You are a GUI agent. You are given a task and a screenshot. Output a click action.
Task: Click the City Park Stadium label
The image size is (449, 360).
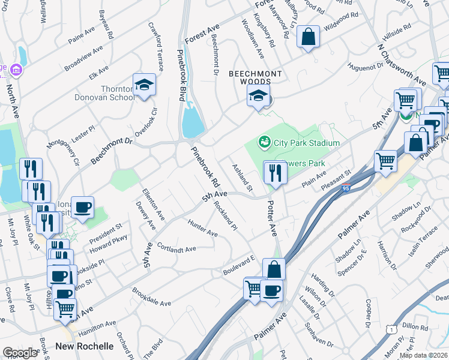point(307,143)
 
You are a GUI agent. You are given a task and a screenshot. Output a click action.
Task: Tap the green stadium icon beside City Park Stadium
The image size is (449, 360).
point(263,142)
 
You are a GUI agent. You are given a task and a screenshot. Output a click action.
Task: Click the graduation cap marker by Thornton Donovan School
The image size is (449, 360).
point(144,86)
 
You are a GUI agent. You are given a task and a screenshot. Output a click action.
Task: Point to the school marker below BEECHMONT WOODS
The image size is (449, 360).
point(258,96)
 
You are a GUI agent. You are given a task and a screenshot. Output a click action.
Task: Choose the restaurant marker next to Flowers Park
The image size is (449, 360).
point(276,173)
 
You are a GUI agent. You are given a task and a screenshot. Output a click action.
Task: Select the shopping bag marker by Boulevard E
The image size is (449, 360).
point(274,269)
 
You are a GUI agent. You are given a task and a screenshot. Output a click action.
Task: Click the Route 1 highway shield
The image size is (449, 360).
point(391,329)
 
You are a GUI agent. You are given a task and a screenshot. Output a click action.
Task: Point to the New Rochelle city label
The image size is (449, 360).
point(85,346)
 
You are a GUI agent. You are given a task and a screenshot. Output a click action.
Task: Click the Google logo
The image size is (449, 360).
point(20,353)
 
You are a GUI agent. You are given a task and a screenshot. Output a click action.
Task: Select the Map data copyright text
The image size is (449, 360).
point(424,355)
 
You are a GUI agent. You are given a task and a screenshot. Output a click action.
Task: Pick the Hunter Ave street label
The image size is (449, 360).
point(202,228)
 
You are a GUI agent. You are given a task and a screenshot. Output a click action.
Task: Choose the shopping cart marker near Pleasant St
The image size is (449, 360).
point(385,161)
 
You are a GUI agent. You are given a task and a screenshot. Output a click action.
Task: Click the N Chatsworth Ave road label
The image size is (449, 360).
point(402,64)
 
